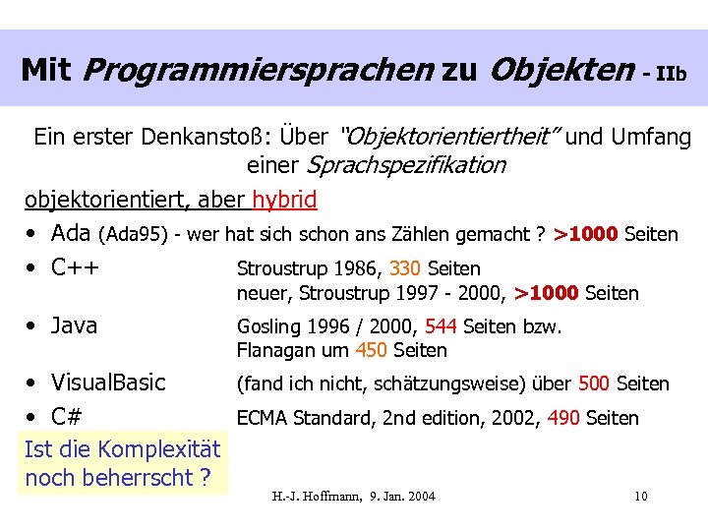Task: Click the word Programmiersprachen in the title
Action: [x=258, y=70]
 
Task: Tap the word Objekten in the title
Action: [x=561, y=70]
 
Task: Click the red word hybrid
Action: [x=284, y=201]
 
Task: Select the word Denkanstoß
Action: [x=204, y=137]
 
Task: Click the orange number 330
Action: [x=405, y=268]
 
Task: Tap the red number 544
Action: [x=441, y=326]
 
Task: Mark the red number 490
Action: [x=563, y=418]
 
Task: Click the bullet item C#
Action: [x=66, y=417]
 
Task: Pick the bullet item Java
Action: [x=74, y=325]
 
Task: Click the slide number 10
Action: [x=640, y=496]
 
